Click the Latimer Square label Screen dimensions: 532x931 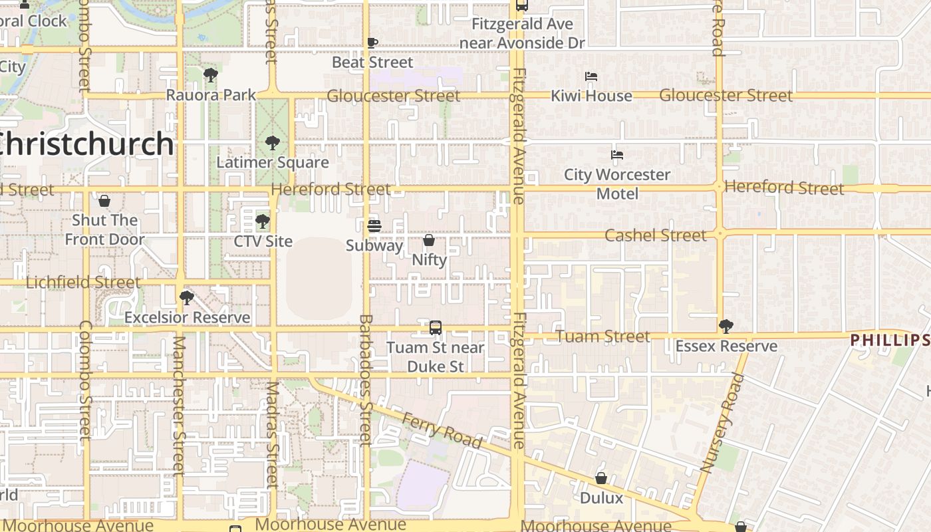(x=273, y=162)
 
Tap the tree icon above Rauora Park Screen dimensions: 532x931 (x=211, y=75)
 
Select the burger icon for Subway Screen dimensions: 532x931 (x=374, y=226)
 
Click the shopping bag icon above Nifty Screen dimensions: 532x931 (x=429, y=240)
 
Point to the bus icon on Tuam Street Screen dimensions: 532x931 (x=436, y=328)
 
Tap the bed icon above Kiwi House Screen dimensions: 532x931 (x=591, y=76)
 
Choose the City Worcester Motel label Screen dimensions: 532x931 (x=617, y=184)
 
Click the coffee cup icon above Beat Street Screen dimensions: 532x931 (x=372, y=43)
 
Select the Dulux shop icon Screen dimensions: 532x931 (x=601, y=479)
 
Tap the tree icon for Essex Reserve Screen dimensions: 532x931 (x=726, y=327)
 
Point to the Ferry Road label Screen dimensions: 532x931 (x=442, y=430)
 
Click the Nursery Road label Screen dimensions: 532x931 (x=722, y=423)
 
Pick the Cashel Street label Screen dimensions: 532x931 (x=655, y=235)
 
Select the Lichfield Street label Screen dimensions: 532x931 (x=83, y=283)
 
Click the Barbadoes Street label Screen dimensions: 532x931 (x=366, y=379)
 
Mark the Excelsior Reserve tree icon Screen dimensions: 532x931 (x=187, y=297)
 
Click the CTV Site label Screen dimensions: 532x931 (x=263, y=241)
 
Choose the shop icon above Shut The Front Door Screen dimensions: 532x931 (x=104, y=201)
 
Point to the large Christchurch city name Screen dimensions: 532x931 (x=86, y=144)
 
